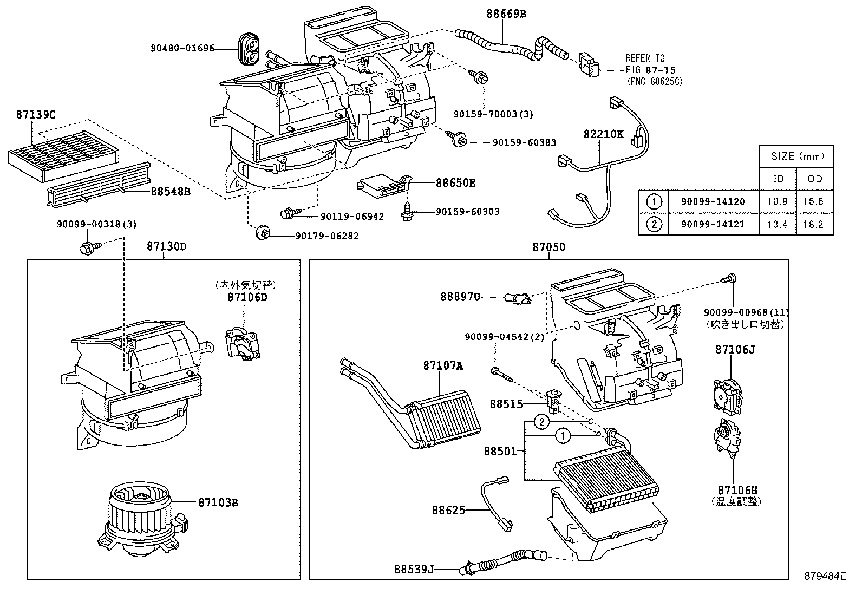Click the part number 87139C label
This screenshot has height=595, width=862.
[x=36, y=115]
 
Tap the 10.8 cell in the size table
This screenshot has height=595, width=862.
[x=778, y=201]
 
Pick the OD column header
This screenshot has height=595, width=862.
[x=814, y=179]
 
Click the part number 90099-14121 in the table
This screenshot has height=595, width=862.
[x=713, y=224]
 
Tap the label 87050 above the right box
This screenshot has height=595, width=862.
[x=548, y=247]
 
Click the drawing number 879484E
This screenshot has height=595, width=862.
[x=824, y=577]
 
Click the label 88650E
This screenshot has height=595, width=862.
[x=455, y=183]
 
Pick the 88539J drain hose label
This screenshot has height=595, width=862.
[x=414, y=569]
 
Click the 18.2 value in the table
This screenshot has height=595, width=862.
[x=814, y=224]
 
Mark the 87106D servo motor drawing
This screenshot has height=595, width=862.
[x=241, y=342]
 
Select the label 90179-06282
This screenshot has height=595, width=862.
[x=326, y=236]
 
